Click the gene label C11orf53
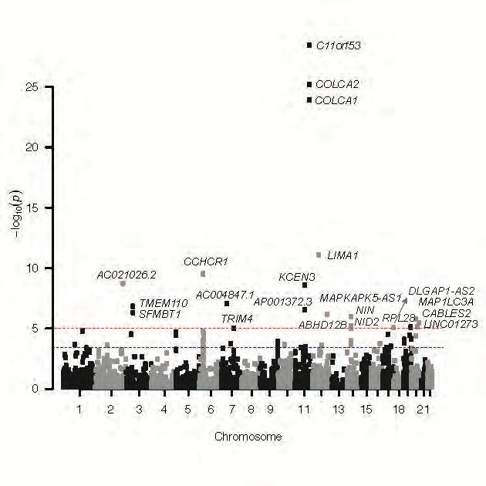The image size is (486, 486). [338, 46]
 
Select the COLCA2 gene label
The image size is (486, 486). [337, 84]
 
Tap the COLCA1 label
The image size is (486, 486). [337, 100]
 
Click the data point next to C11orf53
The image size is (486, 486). [309, 46]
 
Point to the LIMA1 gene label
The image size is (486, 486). [343, 255]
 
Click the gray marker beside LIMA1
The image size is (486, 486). [319, 255]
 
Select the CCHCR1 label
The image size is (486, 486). [205, 262]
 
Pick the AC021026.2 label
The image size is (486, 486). [127, 275]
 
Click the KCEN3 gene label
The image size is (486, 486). [296, 277]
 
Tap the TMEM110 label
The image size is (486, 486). [164, 302]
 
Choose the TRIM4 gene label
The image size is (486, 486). [237, 319]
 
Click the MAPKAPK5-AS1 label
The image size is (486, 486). [360, 298]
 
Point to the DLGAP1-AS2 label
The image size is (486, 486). [441, 291]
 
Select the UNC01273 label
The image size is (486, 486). [451, 325]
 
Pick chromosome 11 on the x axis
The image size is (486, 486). [304, 407]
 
